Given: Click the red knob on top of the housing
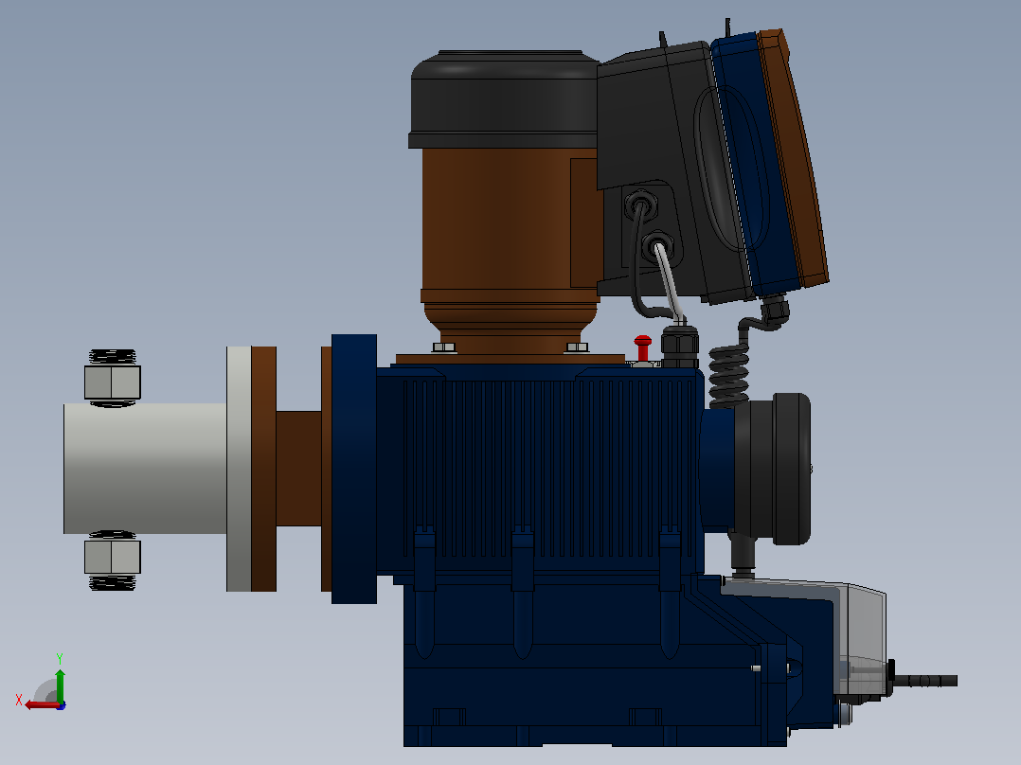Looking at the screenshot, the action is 643,347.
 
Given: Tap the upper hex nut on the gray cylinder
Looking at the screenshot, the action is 113,382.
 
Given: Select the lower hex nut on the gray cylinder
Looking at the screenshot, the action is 113,557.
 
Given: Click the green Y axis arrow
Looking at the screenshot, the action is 60,685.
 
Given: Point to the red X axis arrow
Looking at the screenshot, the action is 42,704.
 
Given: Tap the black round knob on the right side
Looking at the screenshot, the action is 774,468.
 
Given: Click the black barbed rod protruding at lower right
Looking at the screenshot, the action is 924,681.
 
